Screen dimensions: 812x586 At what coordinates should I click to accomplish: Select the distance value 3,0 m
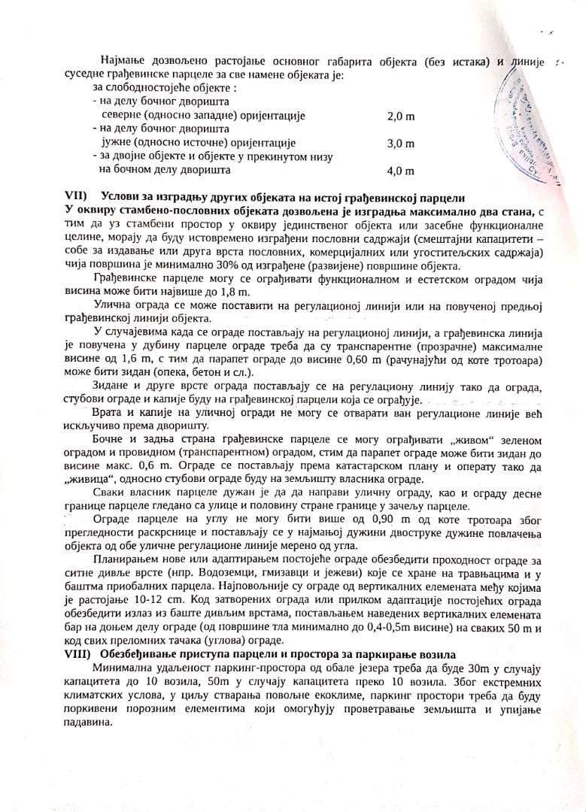pyautogui.click(x=400, y=143)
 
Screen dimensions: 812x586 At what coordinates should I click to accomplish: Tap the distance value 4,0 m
pyautogui.click(x=400, y=171)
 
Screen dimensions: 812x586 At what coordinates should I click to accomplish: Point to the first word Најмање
pyautogui.click(x=123, y=61)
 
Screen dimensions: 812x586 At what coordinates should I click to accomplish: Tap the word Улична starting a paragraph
pyautogui.click(x=114, y=305)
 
